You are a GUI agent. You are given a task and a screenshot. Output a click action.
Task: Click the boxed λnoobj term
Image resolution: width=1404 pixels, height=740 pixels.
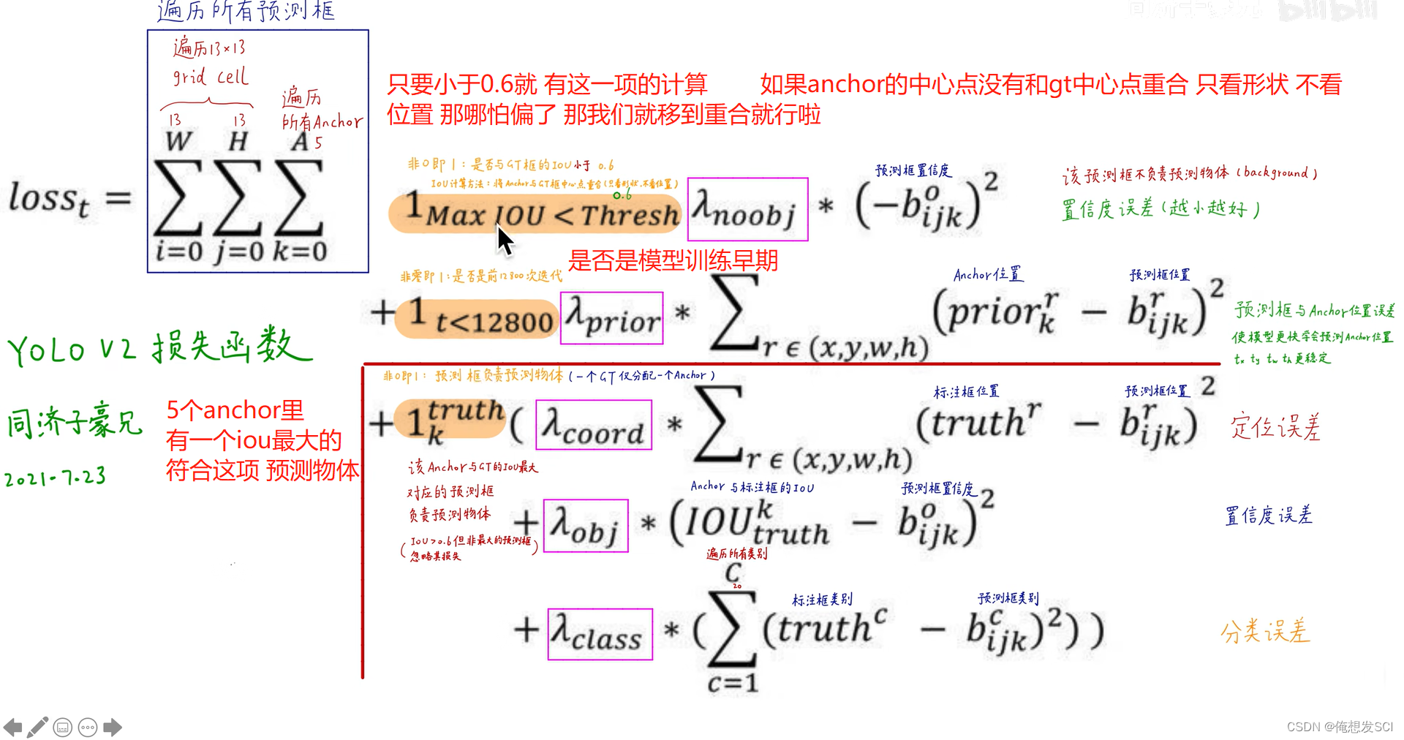[x=747, y=209]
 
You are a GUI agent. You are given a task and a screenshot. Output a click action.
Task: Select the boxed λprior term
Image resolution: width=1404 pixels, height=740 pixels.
[x=611, y=318]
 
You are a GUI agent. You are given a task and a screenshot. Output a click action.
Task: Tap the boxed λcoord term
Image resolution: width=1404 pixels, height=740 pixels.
[x=593, y=425]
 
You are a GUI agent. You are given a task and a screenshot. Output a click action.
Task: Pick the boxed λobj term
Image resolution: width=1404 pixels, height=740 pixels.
[x=586, y=526]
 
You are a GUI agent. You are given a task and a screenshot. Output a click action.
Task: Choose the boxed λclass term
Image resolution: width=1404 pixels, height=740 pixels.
[x=600, y=634]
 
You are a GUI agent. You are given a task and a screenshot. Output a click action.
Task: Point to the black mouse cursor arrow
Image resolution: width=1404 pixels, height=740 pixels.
[x=504, y=239]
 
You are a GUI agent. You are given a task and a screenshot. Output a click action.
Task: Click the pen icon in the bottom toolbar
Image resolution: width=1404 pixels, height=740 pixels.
[x=37, y=727]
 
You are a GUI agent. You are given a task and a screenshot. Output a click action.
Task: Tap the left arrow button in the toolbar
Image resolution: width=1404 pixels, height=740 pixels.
[x=12, y=727]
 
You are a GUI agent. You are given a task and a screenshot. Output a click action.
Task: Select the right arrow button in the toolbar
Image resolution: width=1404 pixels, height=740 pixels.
[x=113, y=727]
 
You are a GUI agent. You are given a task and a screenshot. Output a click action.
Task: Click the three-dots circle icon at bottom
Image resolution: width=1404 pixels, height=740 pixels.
[x=88, y=727]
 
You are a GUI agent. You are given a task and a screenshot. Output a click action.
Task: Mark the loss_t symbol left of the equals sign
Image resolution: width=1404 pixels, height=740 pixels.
[x=49, y=199]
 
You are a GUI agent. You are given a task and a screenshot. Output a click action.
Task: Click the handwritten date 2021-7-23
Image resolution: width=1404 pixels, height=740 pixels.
[x=56, y=477]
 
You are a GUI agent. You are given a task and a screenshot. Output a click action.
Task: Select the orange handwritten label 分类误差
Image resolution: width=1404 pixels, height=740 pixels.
[x=1265, y=630]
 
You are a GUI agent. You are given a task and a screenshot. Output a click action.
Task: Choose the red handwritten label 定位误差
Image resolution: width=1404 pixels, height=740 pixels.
[x=1276, y=426]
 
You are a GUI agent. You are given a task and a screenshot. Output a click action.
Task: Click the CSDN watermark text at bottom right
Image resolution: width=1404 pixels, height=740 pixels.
[x=1340, y=727]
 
